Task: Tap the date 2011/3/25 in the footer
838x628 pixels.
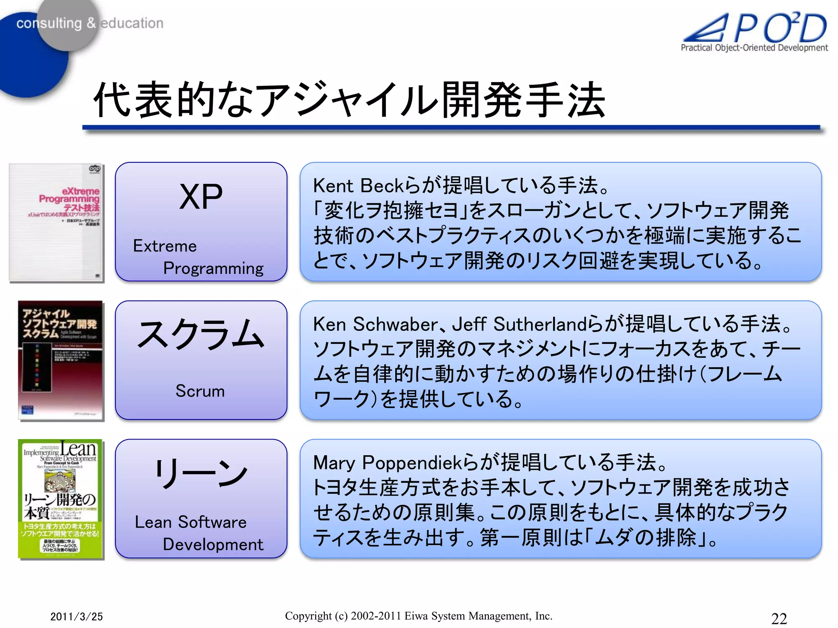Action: [x=77, y=617]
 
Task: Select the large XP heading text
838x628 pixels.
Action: [x=201, y=197]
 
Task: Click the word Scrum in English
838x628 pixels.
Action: [x=200, y=391]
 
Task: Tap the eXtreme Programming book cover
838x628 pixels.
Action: [x=56, y=223]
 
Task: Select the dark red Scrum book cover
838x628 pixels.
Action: [x=60, y=360]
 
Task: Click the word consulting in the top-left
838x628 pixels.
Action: [x=49, y=24]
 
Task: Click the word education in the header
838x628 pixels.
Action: [x=132, y=23]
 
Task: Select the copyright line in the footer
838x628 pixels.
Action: [x=419, y=616]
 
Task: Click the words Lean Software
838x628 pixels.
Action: [x=191, y=522]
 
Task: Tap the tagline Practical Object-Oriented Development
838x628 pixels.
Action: [x=754, y=48]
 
